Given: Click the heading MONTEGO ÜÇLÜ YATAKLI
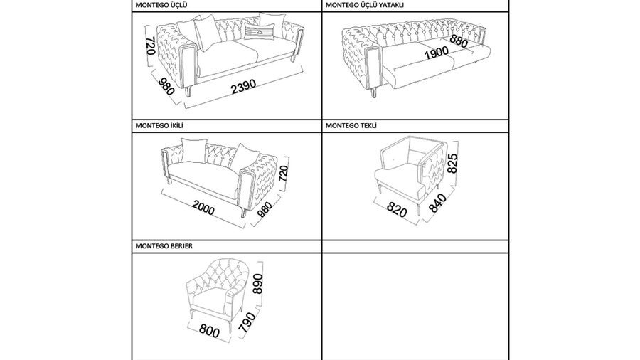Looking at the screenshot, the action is pos(365,5).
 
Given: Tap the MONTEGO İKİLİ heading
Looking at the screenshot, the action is pos(159,126).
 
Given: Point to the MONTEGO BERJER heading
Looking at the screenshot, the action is pos(164,246).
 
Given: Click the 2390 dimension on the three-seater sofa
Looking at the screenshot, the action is pos(244,86).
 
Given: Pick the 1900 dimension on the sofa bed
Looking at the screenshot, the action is pos(437,53).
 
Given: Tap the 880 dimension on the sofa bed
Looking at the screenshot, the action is pos(459,41).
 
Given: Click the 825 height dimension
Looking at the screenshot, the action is pos(453,163).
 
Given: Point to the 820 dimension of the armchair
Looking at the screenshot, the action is pos(397,209).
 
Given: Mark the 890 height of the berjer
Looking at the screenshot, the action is pos(258,284).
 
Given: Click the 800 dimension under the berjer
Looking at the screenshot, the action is pos(209,330).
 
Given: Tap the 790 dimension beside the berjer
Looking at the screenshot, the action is pos(247,322).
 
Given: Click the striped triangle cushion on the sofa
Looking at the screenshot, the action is pos(259,31).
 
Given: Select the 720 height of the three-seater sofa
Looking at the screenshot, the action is pos(150,46).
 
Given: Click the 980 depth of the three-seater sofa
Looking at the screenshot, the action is pos(166,87).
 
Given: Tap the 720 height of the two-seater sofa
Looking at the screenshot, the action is pos(283,175).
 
